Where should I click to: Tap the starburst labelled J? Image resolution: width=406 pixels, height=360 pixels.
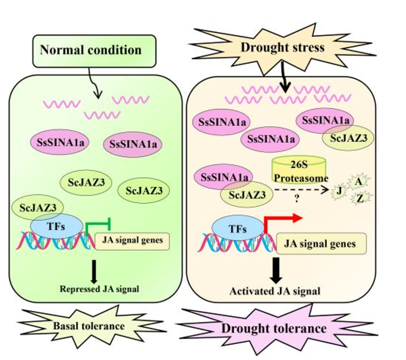(339, 192)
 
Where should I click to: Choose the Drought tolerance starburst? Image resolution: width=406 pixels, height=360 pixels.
(273, 328)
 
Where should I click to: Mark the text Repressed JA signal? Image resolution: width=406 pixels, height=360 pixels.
(94, 289)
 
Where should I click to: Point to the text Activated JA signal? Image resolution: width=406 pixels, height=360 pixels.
(275, 291)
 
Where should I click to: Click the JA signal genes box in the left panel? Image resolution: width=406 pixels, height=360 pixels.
(132, 240)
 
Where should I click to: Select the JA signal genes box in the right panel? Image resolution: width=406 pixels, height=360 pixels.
(320, 244)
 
